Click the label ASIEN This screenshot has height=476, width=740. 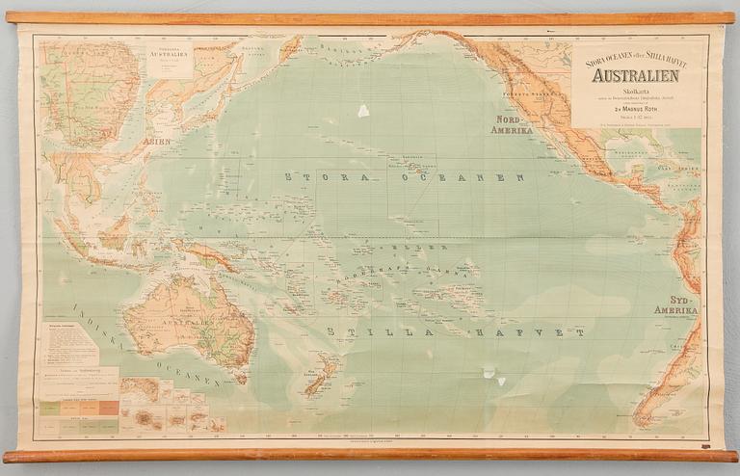tap(156, 142)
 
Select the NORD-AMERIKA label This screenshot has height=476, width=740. tap(512, 124)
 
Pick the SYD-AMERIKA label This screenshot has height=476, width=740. tap(675, 305)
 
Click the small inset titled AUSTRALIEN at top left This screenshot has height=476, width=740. tap(172, 59)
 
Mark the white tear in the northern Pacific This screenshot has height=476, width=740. tap(363, 111)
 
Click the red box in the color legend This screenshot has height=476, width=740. tap(108, 408)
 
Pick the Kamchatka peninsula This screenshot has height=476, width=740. tap(287, 48)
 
